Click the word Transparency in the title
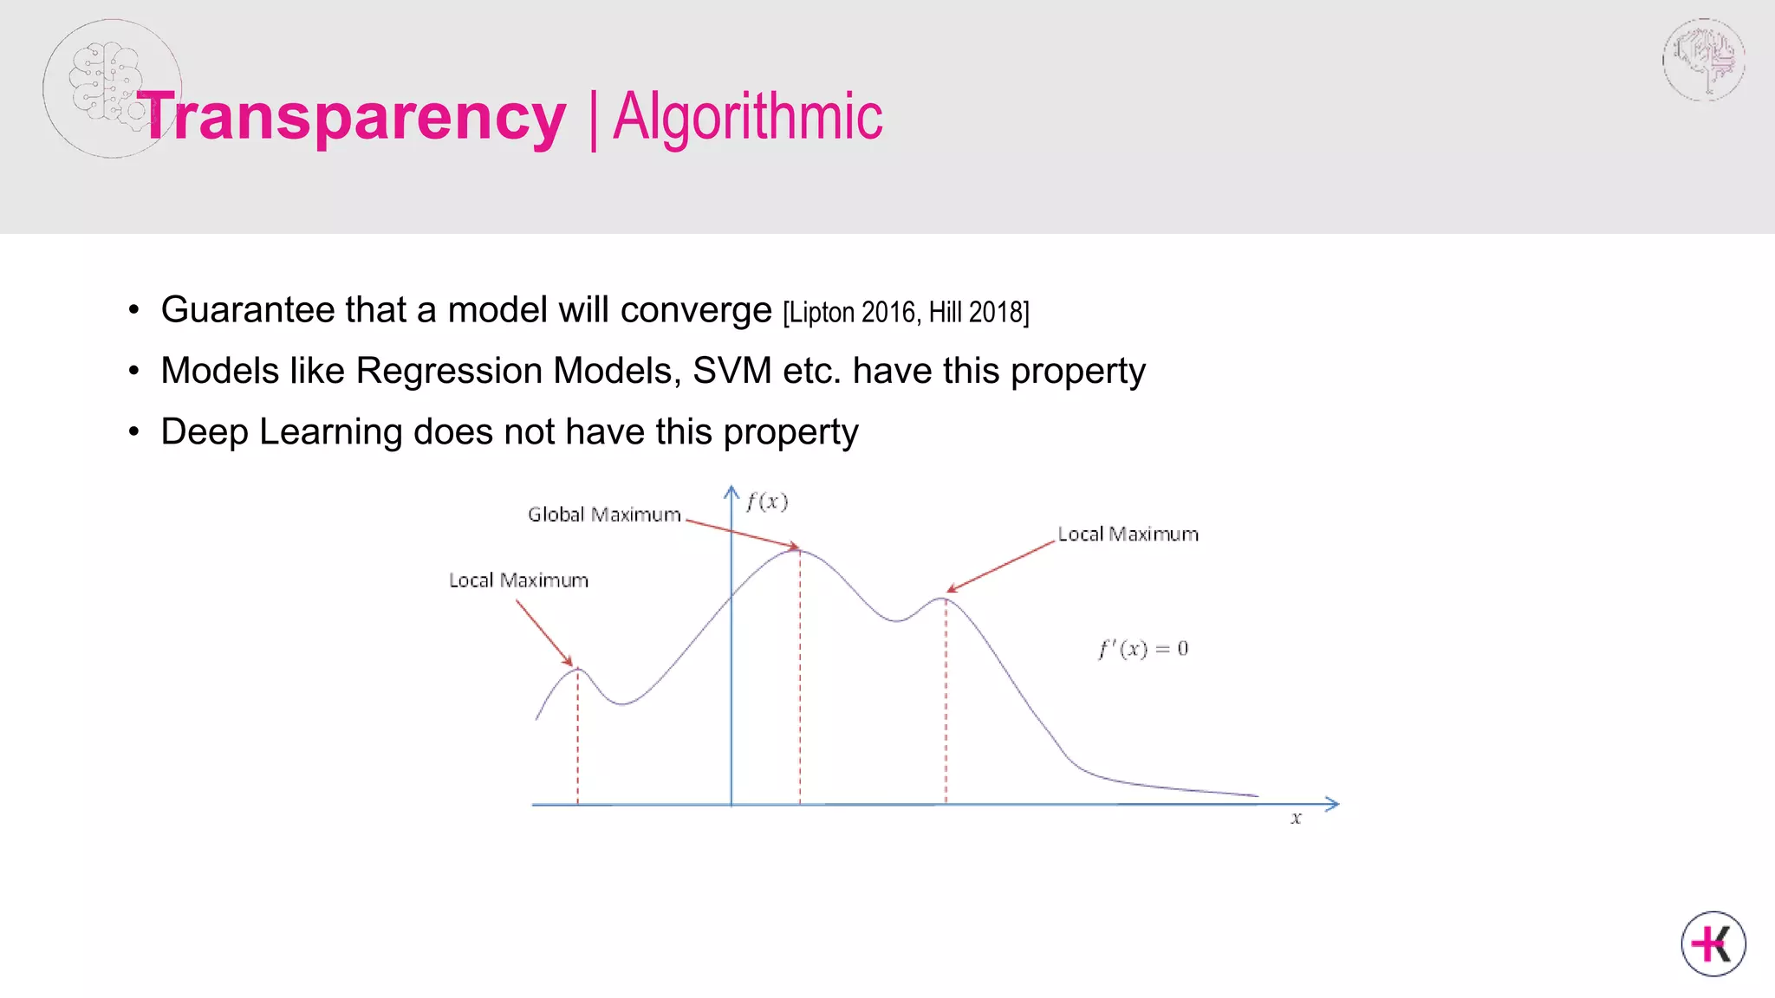tap(352, 118)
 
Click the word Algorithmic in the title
tap(747, 118)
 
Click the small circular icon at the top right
tap(1703, 60)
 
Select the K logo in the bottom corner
tap(1713, 943)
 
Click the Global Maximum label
tap(604, 515)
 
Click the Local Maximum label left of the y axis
tap(518, 580)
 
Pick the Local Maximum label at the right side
tap(1128, 535)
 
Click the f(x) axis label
tap(767, 502)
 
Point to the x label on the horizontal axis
tap(1296, 818)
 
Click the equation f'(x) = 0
tap(1143, 649)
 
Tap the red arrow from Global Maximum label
tap(741, 534)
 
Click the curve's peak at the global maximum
tap(800, 551)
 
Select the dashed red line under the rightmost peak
tap(946, 702)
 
